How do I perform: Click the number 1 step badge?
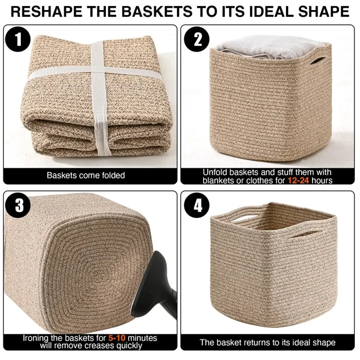(18, 39)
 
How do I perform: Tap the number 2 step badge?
(197, 39)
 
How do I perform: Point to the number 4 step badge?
(197, 205)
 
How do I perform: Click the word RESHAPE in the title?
(46, 12)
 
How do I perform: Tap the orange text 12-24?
(298, 180)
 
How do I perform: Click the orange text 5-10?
(117, 338)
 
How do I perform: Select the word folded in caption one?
(114, 175)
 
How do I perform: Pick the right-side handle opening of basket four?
(307, 235)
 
